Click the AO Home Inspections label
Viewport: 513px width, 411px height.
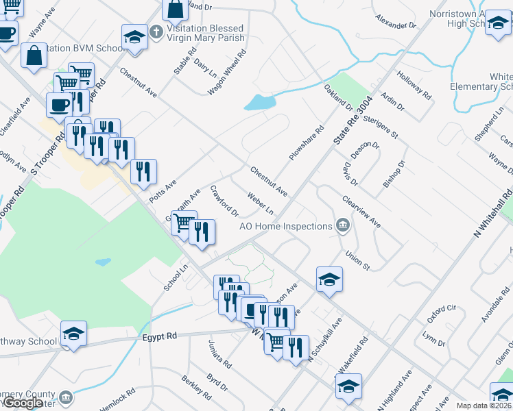coord(285,226)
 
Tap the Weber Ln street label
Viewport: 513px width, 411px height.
coord(261,203)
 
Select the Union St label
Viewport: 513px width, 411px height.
coord(357,260)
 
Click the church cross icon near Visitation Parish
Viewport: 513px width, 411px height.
coord(156,31)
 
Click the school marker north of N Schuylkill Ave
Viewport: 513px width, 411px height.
coord(329,279)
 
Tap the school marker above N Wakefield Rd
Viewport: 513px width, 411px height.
coord(348,386)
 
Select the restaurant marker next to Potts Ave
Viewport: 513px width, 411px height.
coord(143,173)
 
